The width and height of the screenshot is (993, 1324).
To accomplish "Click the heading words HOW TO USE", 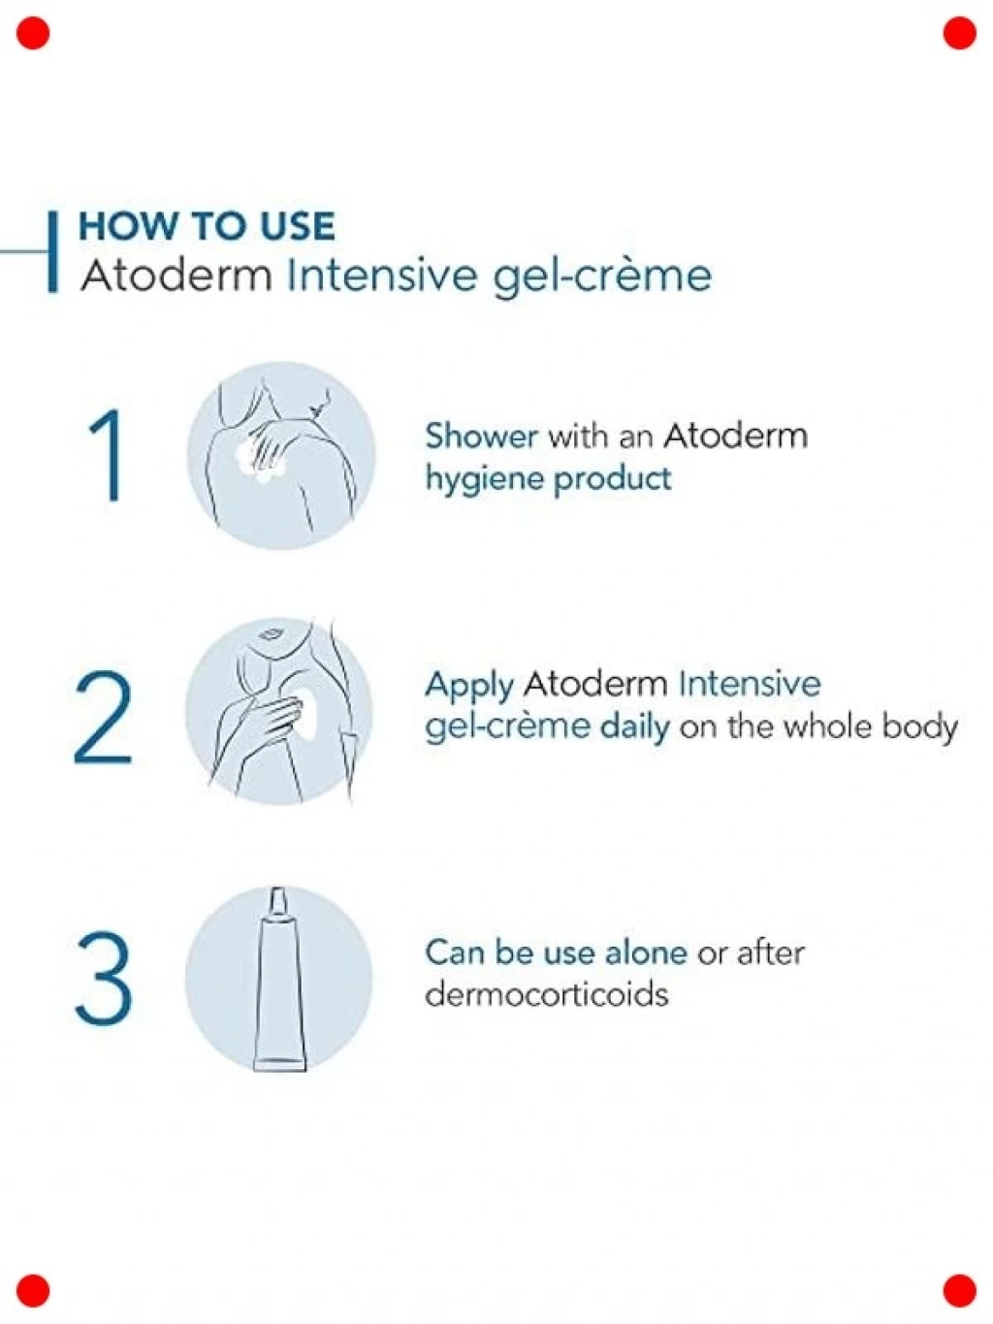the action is (207, 226).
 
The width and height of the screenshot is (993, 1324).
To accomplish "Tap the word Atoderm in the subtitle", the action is (176, 276).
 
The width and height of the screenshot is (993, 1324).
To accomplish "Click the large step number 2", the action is (103, 718).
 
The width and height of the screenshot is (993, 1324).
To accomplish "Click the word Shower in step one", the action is (481, 436).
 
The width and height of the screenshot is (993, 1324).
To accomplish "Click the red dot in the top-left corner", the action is (33, 33).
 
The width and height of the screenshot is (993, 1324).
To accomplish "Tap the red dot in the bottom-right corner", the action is (959, 1290).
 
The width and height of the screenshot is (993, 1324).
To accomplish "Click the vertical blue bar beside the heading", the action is (52, 251).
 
